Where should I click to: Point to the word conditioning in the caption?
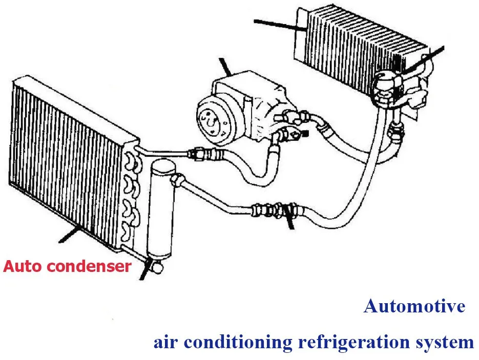pos(240,342)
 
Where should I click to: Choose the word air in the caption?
pos(165,342)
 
